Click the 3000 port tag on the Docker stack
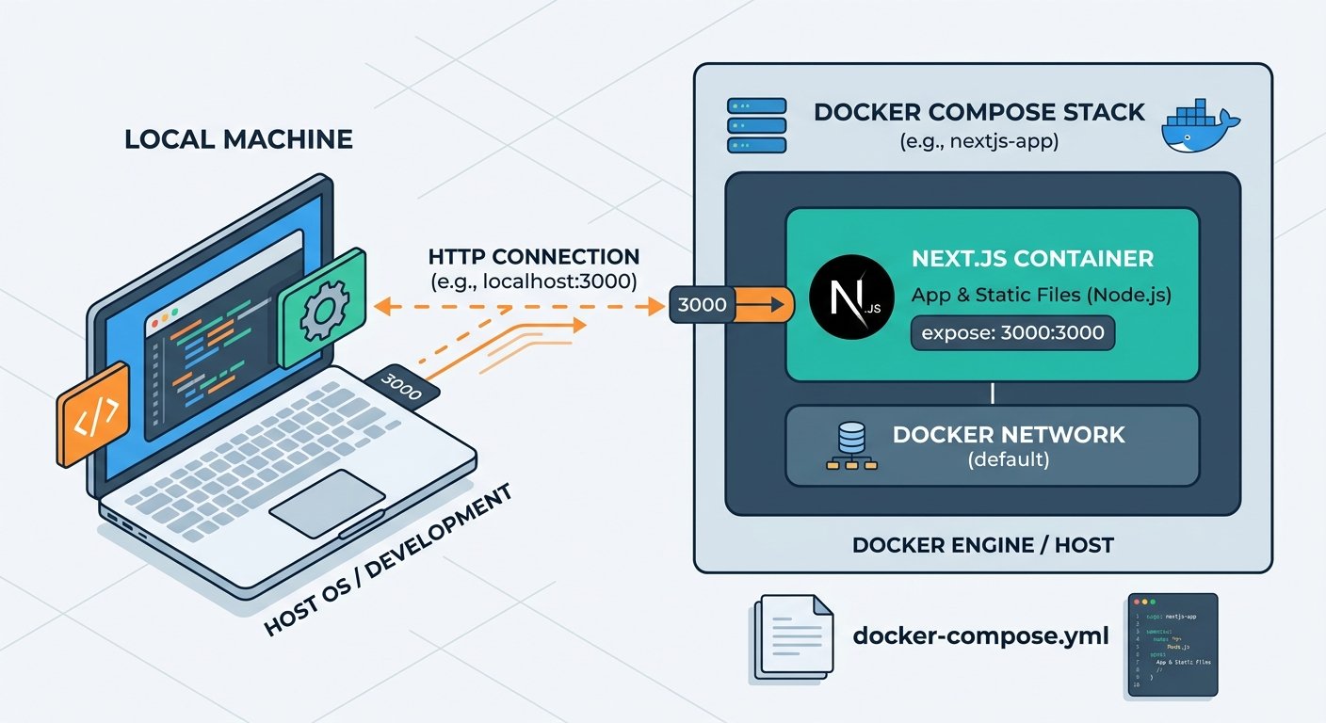click(x=702, y=304)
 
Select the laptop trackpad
click(x=326, y=495)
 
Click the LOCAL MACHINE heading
click(x=238, y=140)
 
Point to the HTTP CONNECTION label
click(x=534, y=256)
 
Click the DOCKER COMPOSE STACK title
click(x=979, y=112)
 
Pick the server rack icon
click(x=756, y=125)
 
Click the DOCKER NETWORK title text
click(x=1009, y=434)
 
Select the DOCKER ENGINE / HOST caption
click(x=982, y=544)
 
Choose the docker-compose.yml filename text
click(x=980, y=635)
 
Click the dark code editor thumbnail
click(x=1172, y=645)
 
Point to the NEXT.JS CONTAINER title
click(x=1032, y=258)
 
